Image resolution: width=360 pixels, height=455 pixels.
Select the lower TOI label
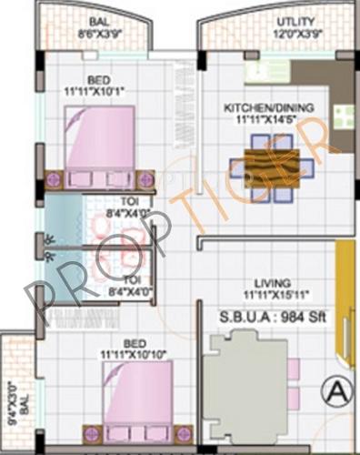click(133, 278)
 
